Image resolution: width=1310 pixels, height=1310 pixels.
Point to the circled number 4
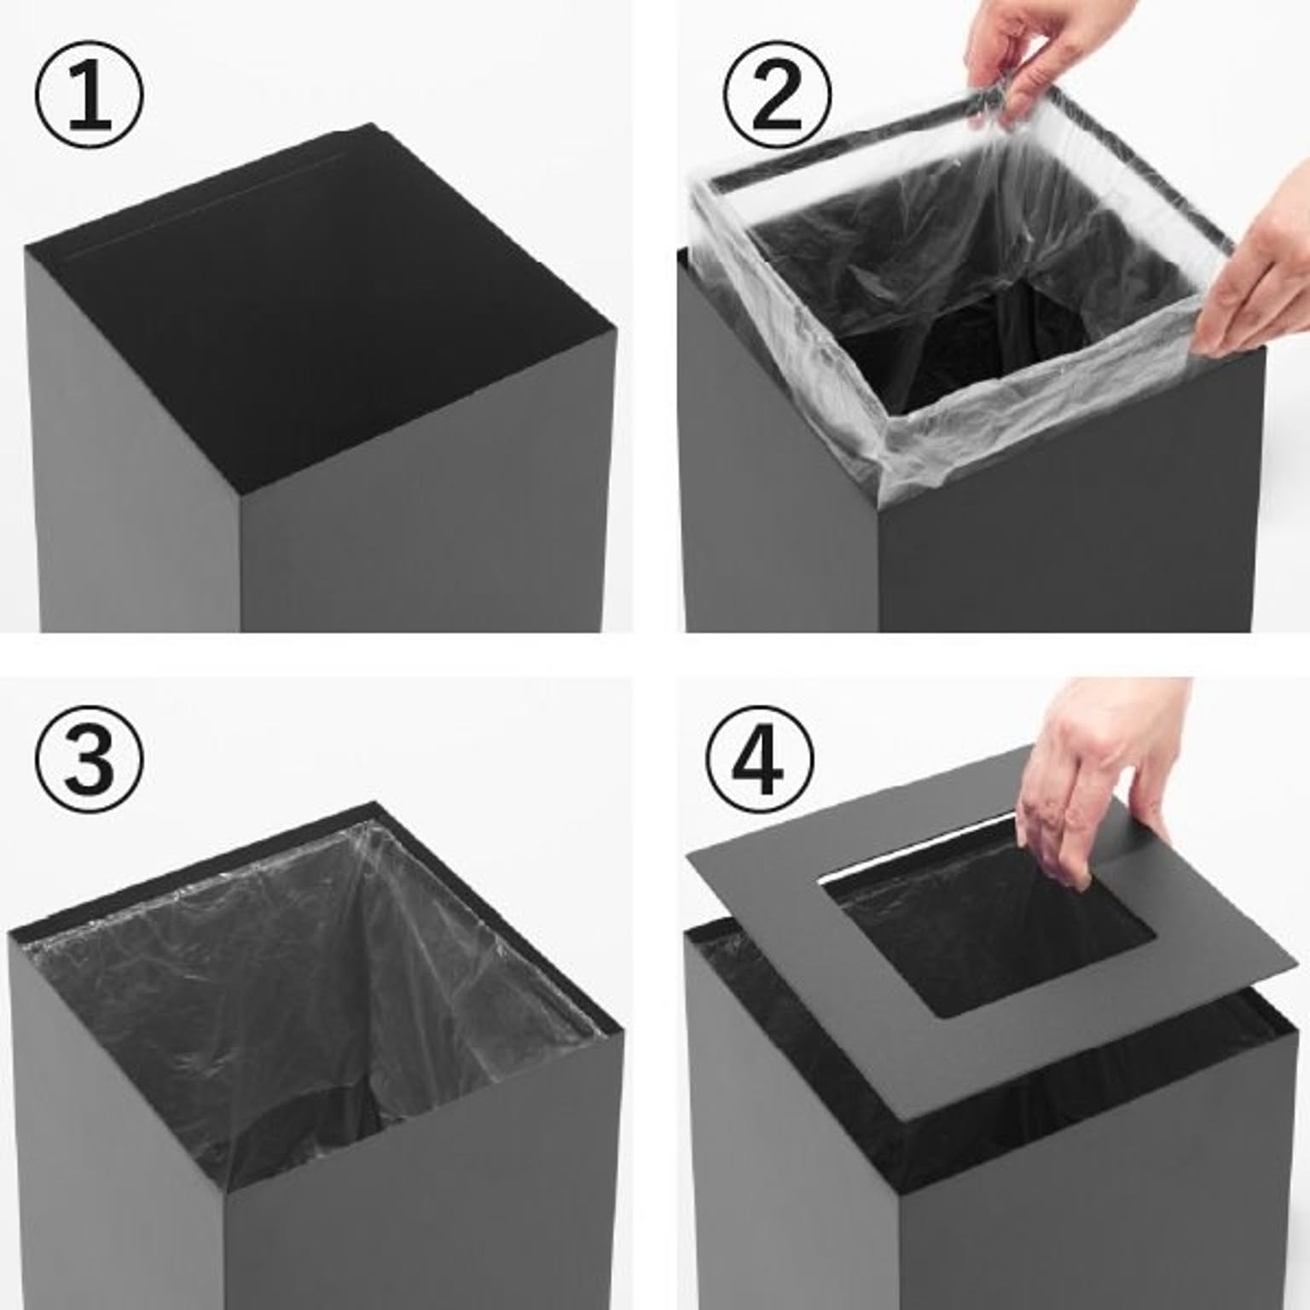(x=759, y=757)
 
